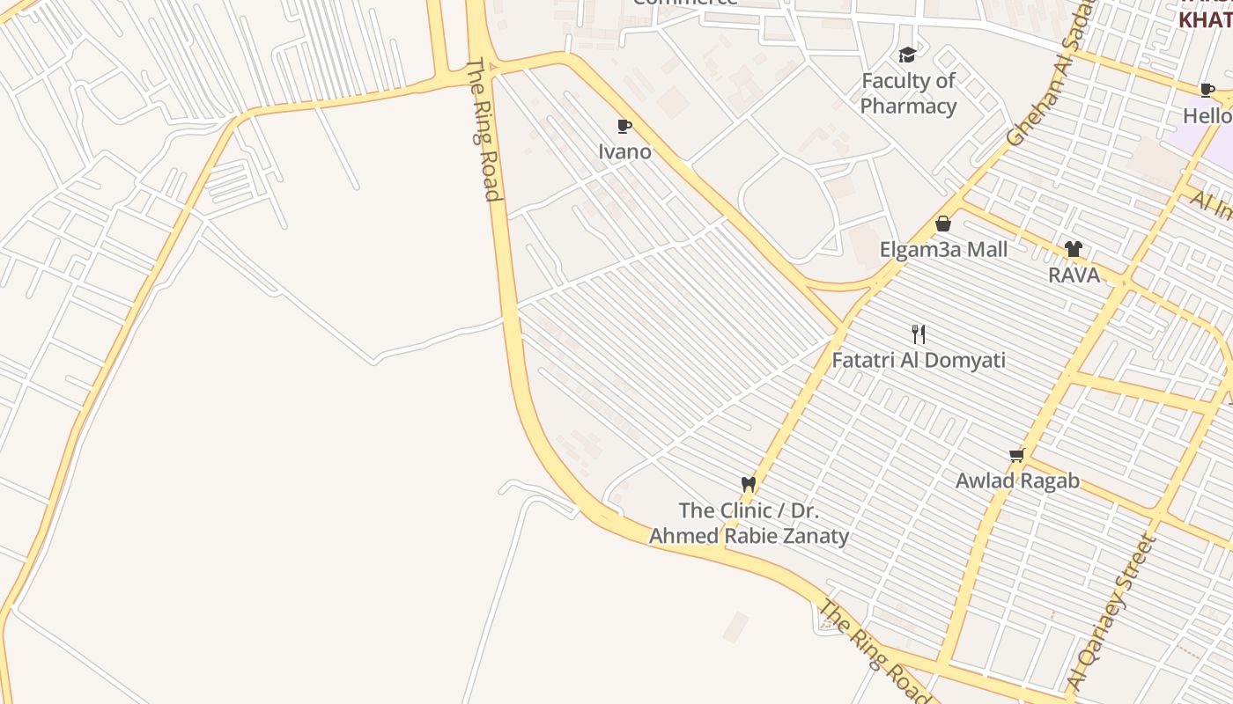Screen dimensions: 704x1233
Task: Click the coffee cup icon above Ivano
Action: coord(624,127)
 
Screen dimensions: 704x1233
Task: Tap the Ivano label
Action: coord(624,151)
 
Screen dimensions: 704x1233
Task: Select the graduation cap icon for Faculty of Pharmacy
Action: coord(908,55)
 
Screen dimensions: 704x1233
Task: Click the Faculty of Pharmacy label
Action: coord(908,93)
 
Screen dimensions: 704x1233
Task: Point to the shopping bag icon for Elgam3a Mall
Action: coord(943,224)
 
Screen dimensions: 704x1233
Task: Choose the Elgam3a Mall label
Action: coord(943,250)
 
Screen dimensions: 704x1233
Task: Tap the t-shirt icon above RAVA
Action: coord(1073,249)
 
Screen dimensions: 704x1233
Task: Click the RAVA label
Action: coord(1074,275)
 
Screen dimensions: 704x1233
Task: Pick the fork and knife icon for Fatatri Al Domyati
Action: coord(919,334)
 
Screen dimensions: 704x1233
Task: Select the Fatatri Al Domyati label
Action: coord(919,360)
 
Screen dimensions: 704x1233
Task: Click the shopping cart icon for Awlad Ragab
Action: coord(1017,455)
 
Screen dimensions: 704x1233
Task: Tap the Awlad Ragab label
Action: coord(1017,481)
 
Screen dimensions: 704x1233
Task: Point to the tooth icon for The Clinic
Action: coord(749,484)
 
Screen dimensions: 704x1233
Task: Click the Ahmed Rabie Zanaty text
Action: coord(749,536)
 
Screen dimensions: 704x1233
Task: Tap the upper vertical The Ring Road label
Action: coord(484,129)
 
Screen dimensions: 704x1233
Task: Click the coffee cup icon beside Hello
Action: coord(1207,90)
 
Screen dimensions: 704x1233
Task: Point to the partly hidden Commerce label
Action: coord(684,3)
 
